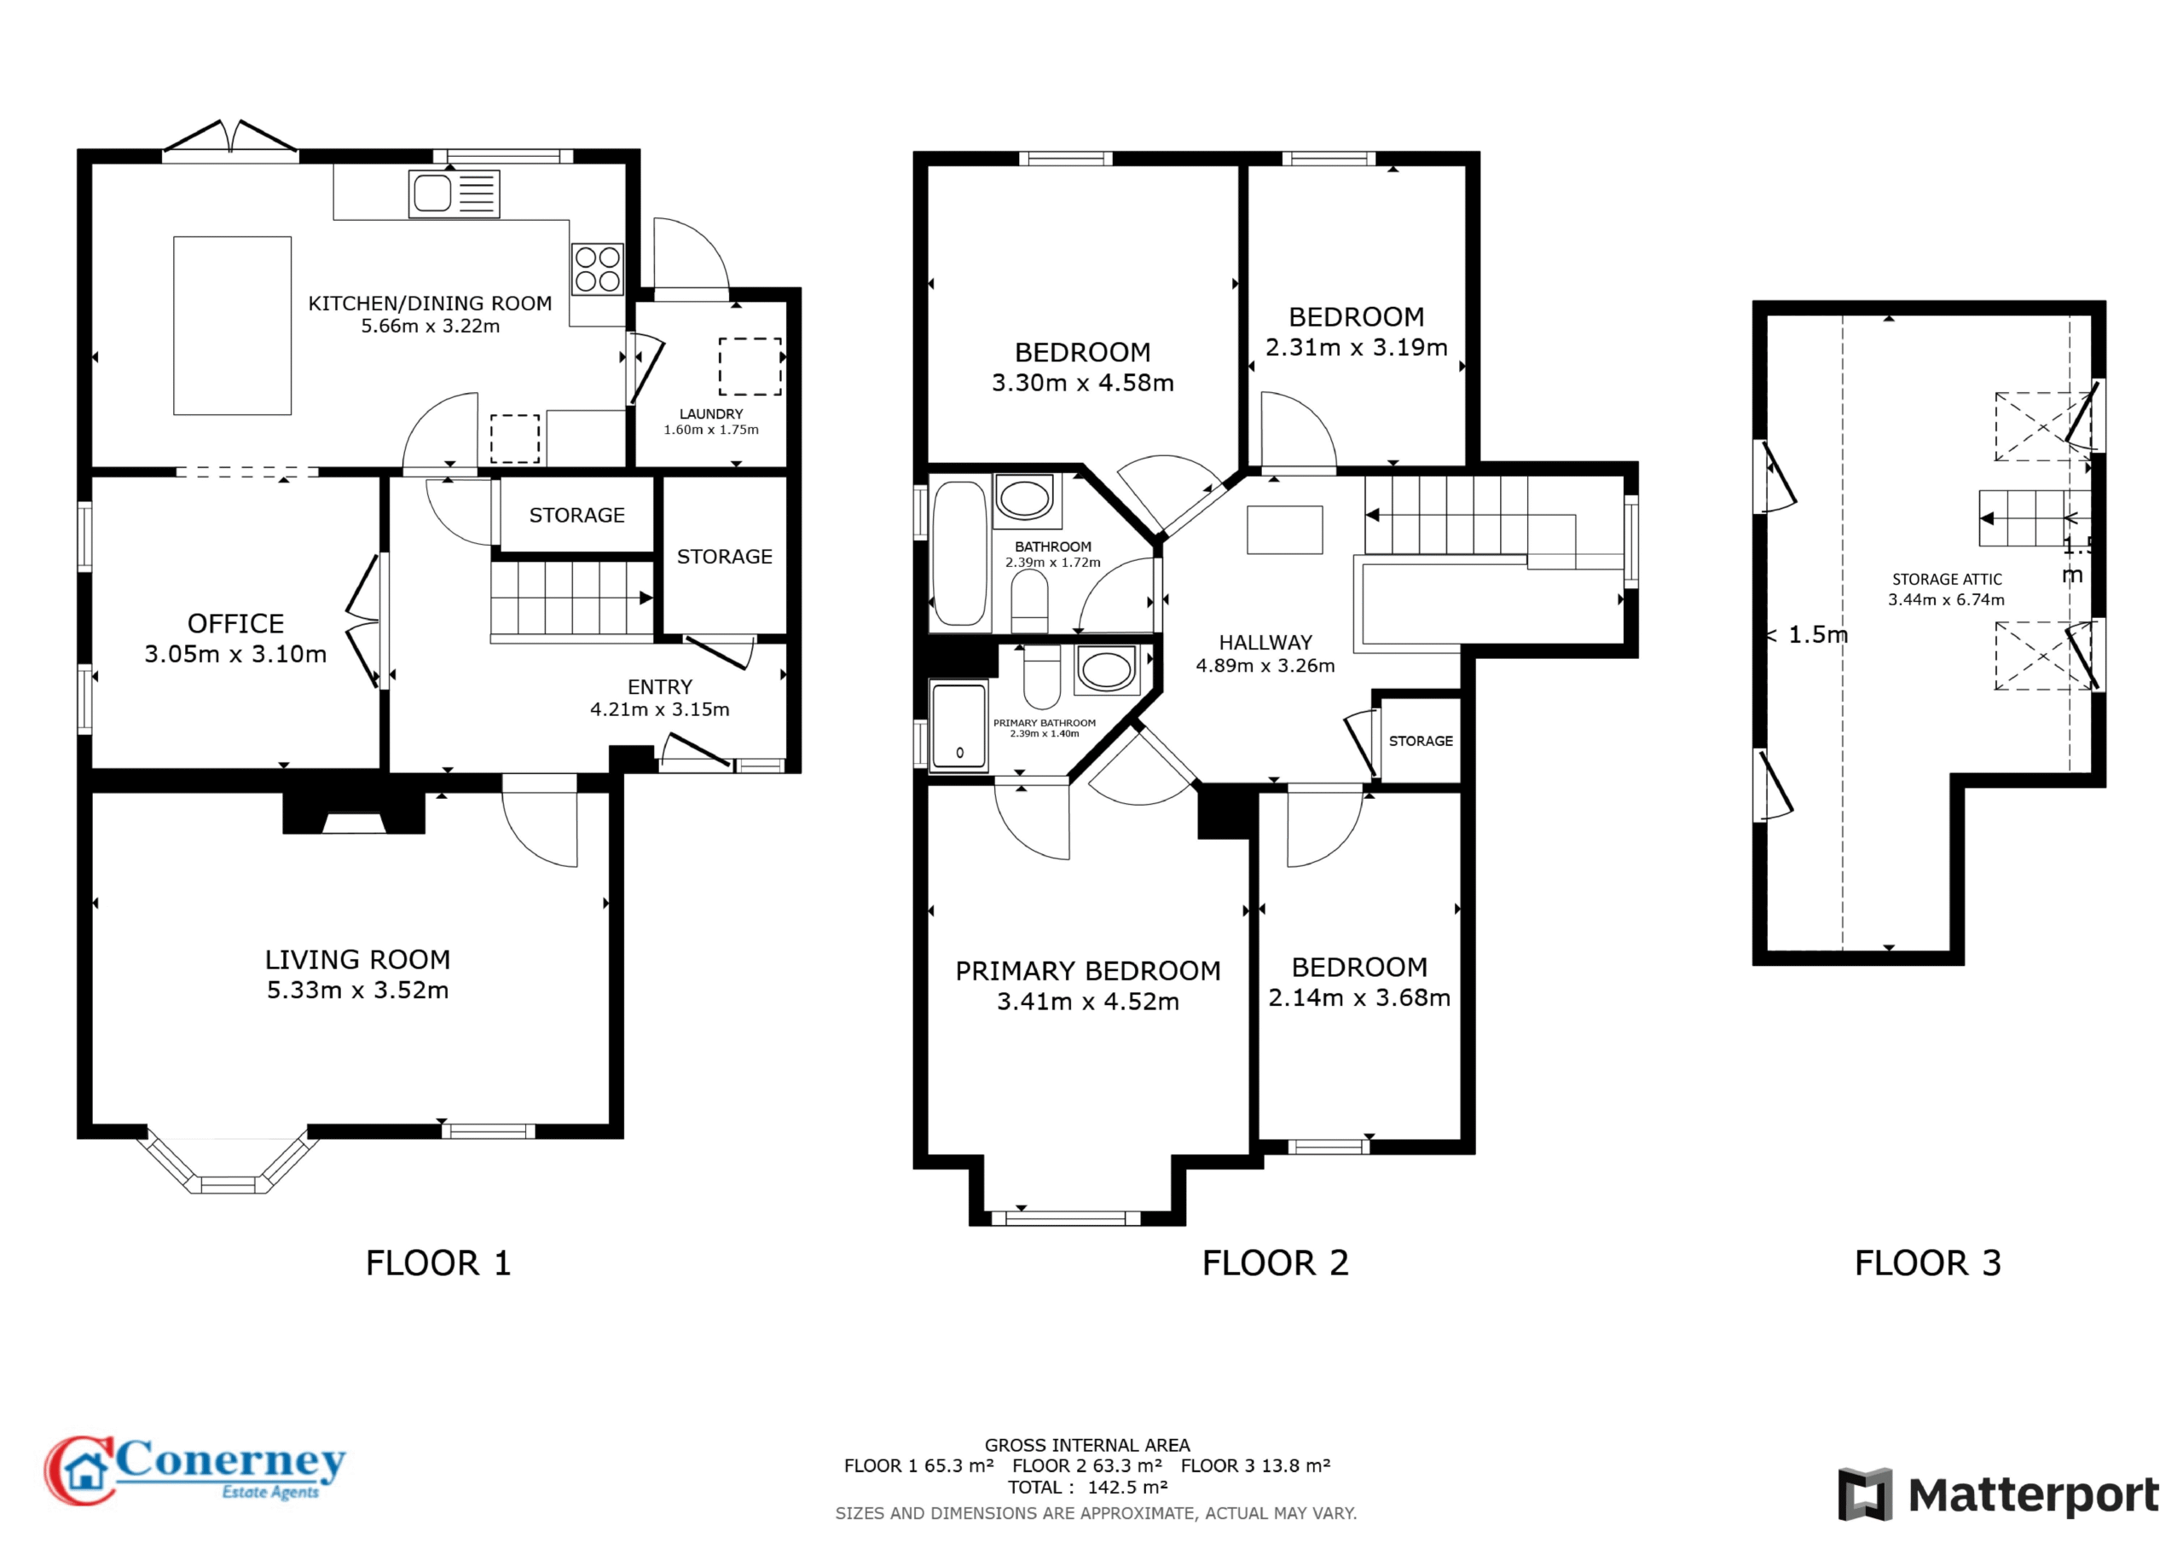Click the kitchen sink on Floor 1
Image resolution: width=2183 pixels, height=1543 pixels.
(455, 194)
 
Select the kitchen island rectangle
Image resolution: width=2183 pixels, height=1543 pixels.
(232, 325)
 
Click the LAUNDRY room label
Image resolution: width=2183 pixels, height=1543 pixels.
(711, 413)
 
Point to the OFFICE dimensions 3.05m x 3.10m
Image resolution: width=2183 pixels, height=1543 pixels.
(236, 654)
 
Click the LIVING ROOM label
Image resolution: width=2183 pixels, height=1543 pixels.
(357, 959)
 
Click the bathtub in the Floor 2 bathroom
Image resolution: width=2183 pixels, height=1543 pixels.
(960, 553)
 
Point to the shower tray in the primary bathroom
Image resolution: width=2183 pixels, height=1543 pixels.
(958, 725)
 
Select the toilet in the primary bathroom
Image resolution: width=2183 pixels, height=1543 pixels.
(1042, 677)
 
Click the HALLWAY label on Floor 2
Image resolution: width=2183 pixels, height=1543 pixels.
(1265, 643)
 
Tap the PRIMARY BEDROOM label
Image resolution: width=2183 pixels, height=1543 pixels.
(1088, 971)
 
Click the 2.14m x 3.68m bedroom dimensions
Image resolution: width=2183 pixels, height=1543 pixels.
(1359, 997)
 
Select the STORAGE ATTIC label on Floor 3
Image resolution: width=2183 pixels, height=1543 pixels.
(1946, 579)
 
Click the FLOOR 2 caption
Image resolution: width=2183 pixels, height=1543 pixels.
(1275, 1263)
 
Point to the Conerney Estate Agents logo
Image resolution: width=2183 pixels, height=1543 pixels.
(195, 1470)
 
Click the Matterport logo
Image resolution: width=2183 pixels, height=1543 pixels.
(1999, 1494)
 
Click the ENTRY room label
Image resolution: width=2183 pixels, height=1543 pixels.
(660, 686)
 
